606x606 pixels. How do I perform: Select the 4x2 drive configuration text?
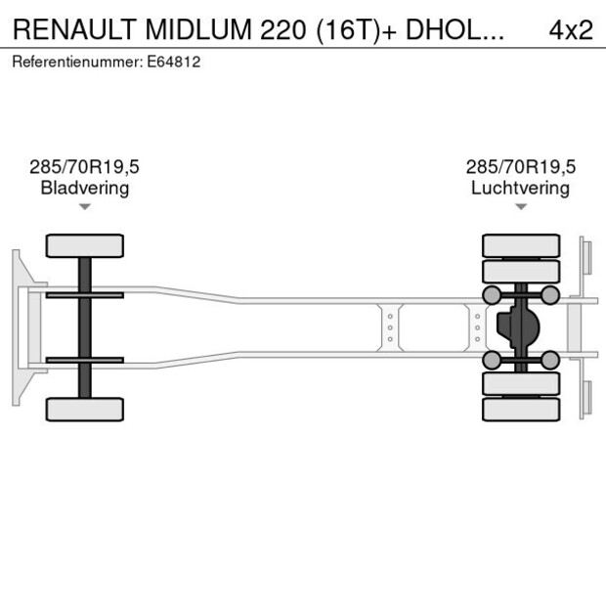571,29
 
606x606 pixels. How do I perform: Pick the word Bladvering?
85,188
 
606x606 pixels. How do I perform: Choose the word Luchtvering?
520,188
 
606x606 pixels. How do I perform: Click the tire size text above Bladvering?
85,167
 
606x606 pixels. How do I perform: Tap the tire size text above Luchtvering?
520,167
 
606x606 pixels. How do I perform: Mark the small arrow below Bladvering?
85,206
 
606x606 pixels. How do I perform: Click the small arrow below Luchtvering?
520,206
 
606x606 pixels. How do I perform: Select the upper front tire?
85,245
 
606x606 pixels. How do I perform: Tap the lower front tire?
85,409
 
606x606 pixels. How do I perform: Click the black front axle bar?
85,327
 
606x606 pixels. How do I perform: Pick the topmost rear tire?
521,244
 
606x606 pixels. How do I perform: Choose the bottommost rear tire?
521,410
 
